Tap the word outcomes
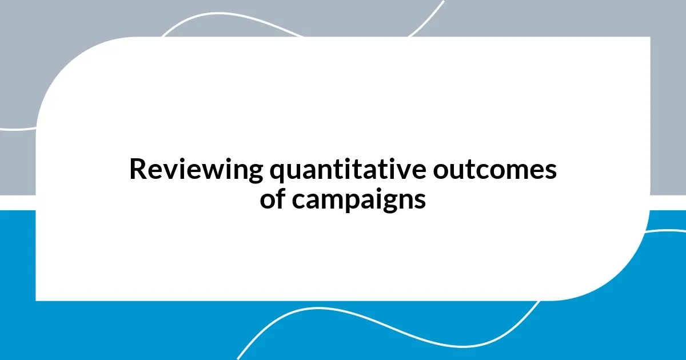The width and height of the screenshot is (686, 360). (x=494, y=170)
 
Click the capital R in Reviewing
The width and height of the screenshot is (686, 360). (x=137, y=170)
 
